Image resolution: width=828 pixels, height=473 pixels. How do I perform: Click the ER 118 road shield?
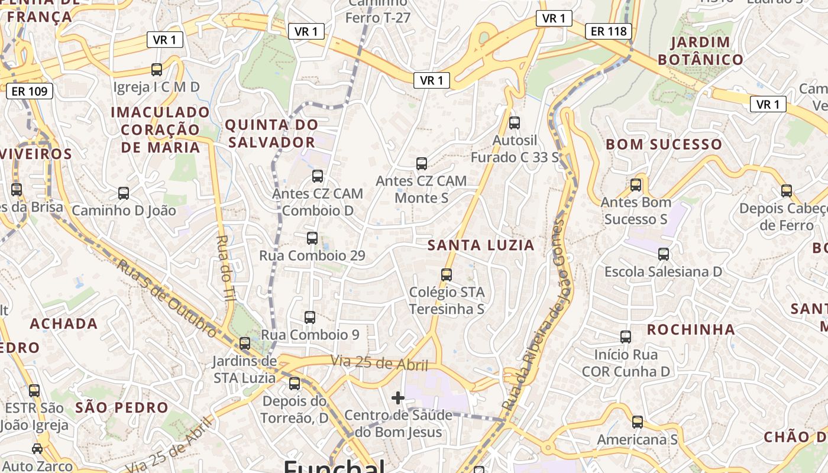pos(609,31)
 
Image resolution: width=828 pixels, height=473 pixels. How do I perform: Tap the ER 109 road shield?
pos(30,91)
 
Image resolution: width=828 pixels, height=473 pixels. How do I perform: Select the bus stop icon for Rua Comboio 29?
pos(312,238)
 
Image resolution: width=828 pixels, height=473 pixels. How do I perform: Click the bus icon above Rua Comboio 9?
pos(310,317)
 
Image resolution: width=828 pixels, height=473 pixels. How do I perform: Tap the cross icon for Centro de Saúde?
pos(398,398)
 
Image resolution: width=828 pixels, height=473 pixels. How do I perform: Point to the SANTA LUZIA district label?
pos(481,245)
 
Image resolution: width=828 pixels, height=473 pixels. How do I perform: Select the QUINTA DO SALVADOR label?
pos(271,134)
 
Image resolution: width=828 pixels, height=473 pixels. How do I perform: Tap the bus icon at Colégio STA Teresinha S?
pos(447,274)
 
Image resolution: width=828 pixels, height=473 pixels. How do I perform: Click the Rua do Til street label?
pos(226,269)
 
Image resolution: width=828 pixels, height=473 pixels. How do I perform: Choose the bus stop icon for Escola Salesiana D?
pos(664,254)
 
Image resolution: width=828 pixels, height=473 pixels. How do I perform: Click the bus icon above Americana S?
pos(638,422)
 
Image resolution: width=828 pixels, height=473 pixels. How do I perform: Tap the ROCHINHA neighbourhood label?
pos(691,329)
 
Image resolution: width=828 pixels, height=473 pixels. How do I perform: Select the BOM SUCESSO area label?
pos(664,144)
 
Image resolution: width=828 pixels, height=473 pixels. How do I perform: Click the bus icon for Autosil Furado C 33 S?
pos(515,123)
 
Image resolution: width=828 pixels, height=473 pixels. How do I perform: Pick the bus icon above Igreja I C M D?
pos(157,70)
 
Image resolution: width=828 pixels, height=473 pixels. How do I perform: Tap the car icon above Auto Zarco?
pos(37,449)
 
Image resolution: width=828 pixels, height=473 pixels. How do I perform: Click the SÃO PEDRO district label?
pos(122,407)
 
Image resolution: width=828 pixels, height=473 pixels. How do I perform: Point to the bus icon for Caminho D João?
pos(124,193)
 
